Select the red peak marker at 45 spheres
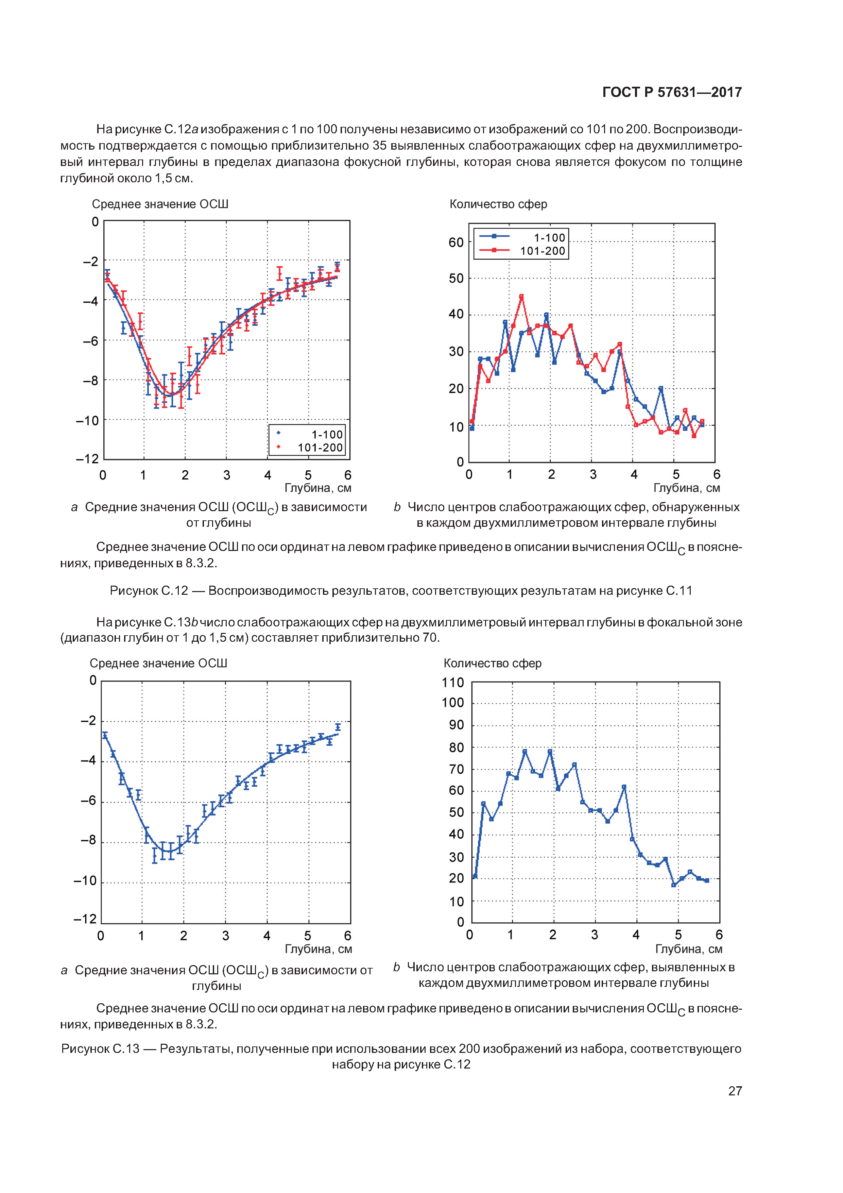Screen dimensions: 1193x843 pyautogui.click(x=521, y=297)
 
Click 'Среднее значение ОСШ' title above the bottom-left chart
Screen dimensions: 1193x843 pyautogui.click(x=158, y=663)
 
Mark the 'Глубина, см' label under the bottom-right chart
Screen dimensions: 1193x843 pyautogui.click(x=688, y=949)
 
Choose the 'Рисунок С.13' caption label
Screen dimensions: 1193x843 pyautogui.click(x=100, y=1048)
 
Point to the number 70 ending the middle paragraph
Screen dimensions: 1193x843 pyautogui.click(x=430, y=638)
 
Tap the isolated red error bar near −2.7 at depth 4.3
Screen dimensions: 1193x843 pyautogui.click(x=279, y=273)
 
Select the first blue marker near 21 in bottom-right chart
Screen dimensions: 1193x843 pyautogui.click(x=475, y=876)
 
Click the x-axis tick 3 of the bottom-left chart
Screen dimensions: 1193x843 pyautogui.click(x=225, y=936)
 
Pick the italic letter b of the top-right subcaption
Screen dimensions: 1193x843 pyautogui.click(x=397, y=507)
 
